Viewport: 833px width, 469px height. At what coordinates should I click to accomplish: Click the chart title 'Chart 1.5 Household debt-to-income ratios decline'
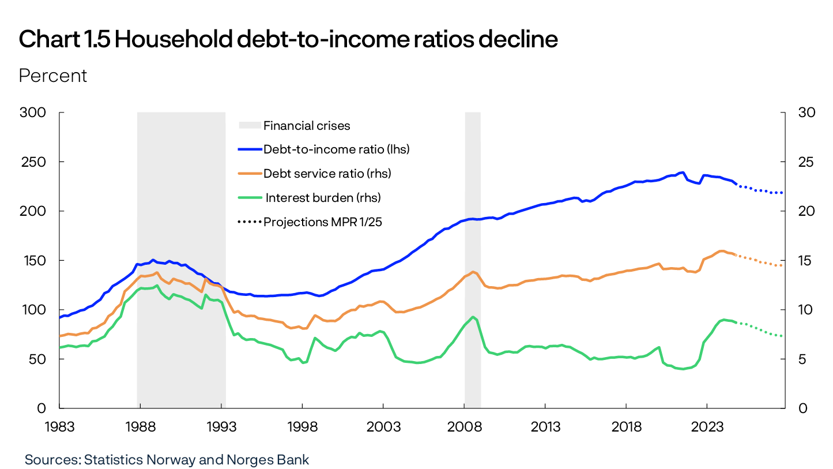(288, 39)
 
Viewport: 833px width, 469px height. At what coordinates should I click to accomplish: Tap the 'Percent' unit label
(53, 76)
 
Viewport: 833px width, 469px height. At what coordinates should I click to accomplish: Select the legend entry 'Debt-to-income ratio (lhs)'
(336, 149)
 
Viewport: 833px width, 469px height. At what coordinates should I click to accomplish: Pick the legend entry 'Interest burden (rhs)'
(323, 197)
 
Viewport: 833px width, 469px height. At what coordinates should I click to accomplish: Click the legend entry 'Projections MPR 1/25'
(323, 222)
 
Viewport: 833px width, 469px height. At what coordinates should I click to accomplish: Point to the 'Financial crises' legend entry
(306, 125)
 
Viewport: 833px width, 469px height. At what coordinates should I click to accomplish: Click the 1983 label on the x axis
(60, 427)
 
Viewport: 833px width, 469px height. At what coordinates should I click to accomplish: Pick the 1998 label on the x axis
(303, 427)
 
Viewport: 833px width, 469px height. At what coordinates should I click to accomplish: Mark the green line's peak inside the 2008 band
(473, 317)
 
